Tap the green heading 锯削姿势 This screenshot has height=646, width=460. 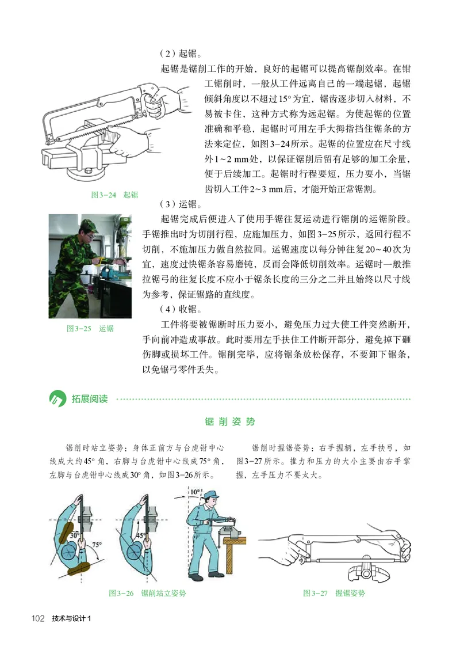point(230,421)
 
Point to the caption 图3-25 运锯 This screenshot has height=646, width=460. point(90,328)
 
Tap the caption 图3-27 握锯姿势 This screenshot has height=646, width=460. point(334,592)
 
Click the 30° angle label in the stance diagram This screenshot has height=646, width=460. point(74,535)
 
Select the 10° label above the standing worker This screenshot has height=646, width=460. point(196,492)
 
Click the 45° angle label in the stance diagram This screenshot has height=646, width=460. point(140,535)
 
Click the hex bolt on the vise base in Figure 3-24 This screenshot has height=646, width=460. point(87,170)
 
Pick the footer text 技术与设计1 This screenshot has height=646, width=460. point(72,618)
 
